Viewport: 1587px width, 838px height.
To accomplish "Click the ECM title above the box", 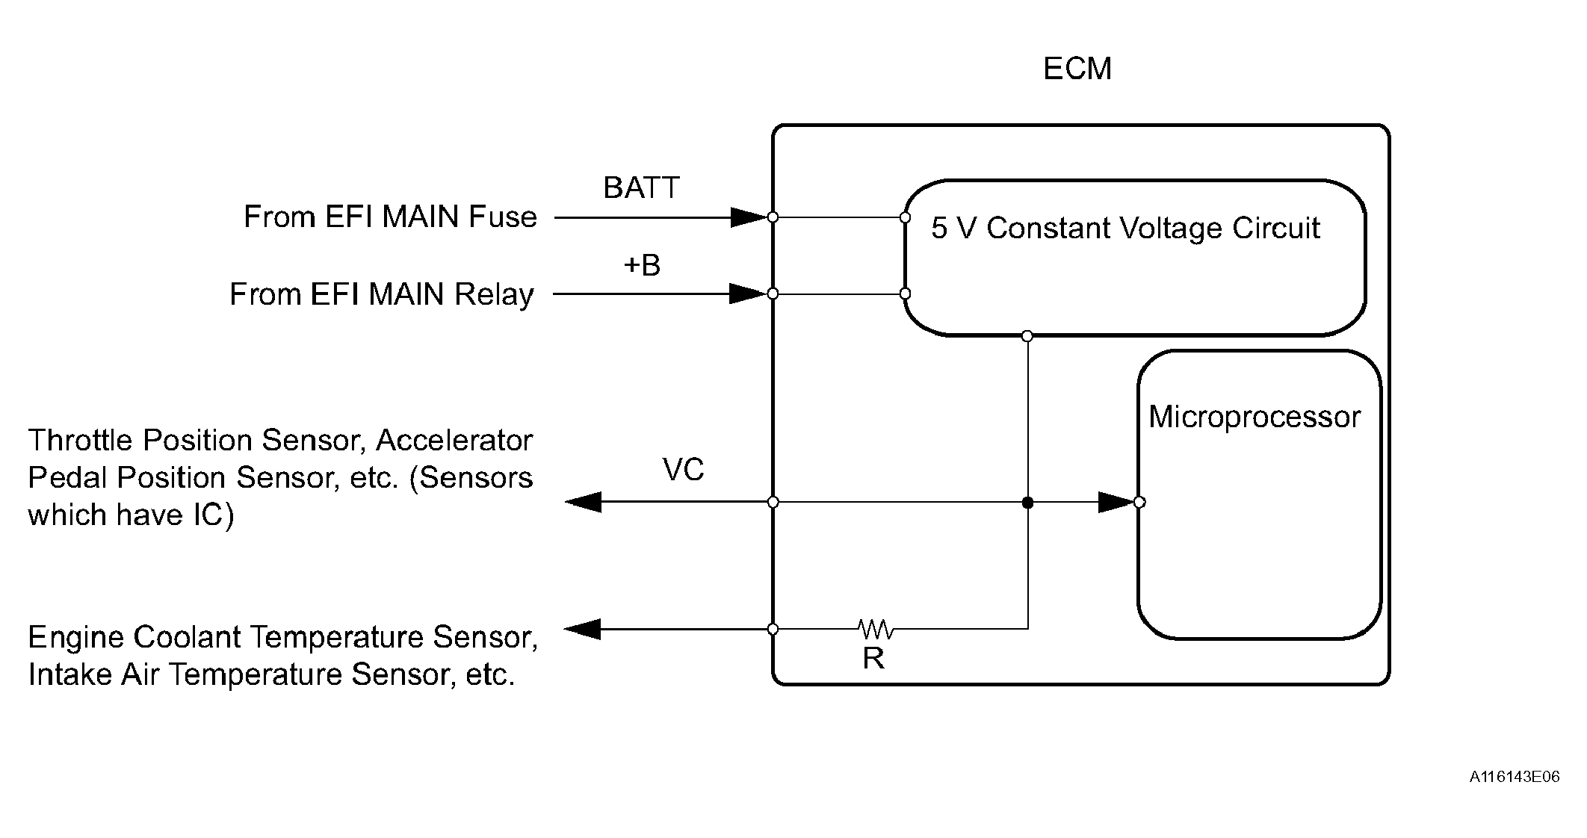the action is tap(1077, 69).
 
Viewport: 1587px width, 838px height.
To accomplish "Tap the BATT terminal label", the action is tap(641, 187).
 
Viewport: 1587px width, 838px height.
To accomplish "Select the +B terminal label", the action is tap(642, 265).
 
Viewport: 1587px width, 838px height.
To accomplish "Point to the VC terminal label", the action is tap(683, 470).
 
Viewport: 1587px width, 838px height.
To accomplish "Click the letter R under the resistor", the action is tap(873, 658).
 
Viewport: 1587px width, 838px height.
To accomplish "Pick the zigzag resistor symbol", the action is tap(876, 629).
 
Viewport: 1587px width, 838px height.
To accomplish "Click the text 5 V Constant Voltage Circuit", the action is tap(1125, 228).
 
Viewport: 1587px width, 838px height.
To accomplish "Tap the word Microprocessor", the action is tap(1255, 417).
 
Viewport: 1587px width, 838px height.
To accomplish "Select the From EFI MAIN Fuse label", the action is tap(390, 217).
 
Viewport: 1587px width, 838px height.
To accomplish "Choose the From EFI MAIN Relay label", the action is tap(381, 294).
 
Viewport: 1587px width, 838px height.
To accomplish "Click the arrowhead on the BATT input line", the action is tap(749, 217).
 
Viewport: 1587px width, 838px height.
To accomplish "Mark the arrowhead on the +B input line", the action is tap(749, 294).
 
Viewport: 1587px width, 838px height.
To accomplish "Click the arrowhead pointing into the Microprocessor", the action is tap(1116, 502).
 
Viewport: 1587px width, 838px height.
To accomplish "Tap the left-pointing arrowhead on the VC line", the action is tap(584, 502).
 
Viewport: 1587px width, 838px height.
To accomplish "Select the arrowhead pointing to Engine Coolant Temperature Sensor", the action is tap(582, 630).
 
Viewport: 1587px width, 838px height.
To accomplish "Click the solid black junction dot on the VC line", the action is tap(1027, 503).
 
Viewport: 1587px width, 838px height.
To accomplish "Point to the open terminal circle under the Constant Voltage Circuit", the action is tap(1027, 336).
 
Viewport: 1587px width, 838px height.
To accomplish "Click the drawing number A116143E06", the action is tap(1515, 777).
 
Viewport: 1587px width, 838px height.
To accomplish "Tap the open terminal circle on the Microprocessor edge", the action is tap(1139, 502).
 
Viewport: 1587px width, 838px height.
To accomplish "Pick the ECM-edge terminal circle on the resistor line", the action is tap(773, 630).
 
